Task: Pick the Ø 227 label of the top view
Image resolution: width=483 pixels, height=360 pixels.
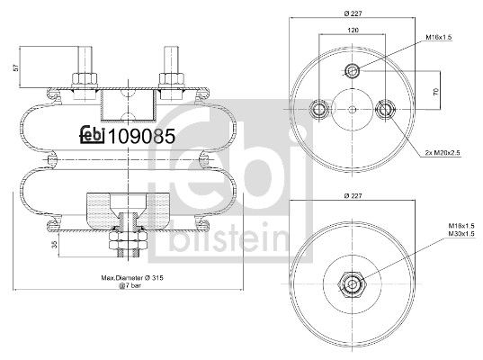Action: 352,13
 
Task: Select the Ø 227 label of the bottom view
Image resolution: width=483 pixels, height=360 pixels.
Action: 352,196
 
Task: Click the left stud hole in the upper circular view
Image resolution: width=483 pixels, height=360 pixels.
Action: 318,110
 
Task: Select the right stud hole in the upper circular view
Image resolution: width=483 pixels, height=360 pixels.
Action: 387,110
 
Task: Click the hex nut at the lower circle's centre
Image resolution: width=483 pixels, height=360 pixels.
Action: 353,284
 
